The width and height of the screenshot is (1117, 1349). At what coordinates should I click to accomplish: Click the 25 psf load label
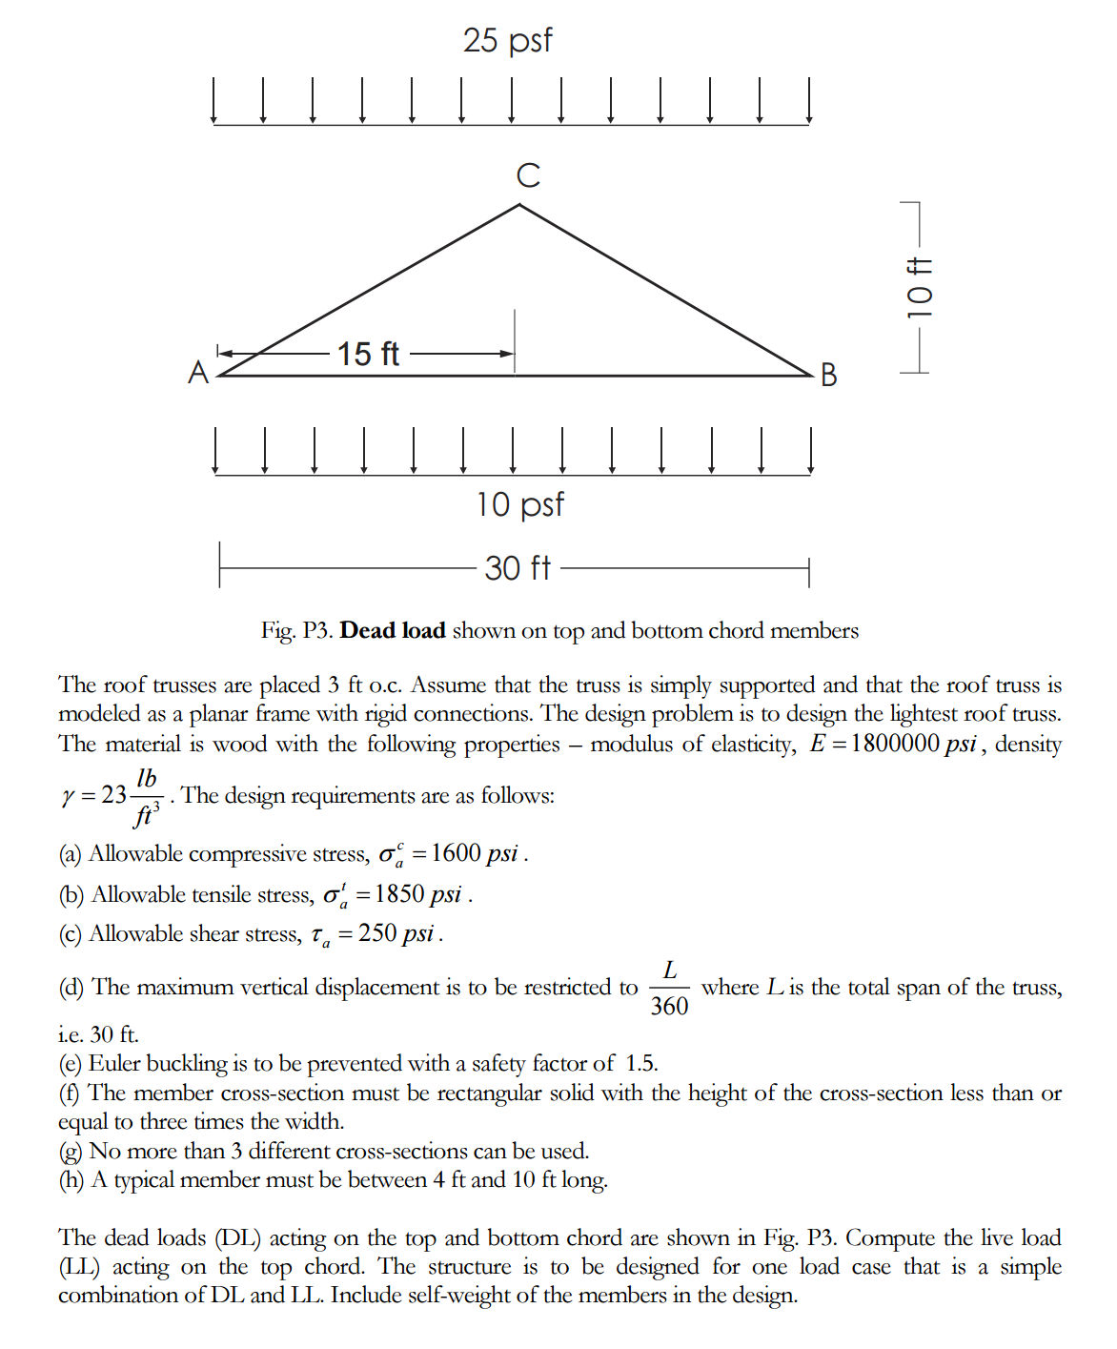coord(507,40)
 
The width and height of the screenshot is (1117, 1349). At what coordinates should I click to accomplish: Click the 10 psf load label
coord(519,504)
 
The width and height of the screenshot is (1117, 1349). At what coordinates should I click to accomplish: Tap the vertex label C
coord(528,175)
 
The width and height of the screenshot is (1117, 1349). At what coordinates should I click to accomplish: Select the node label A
coord(198,372)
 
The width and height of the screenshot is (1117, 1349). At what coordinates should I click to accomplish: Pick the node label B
coord(828,375)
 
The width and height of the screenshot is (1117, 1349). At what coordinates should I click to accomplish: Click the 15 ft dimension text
coord(368,354)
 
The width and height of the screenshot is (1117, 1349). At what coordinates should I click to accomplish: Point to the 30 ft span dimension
coord(518,568)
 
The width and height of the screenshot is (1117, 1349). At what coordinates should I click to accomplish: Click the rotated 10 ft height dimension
coord(919,288)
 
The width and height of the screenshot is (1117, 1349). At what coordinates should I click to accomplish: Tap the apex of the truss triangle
coord(518,205)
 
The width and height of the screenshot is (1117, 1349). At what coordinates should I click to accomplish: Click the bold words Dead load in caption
coord(393,630)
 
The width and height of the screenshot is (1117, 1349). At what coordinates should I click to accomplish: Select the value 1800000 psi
coord(913,744)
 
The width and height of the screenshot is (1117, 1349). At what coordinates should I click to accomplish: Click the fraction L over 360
coord(669,989)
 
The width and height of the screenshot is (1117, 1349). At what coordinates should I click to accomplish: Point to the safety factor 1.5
coord(641,1063)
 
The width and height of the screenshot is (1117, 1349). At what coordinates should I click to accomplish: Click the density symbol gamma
coord(67,796)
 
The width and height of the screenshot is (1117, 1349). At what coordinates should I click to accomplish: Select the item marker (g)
coord(71,1151)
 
